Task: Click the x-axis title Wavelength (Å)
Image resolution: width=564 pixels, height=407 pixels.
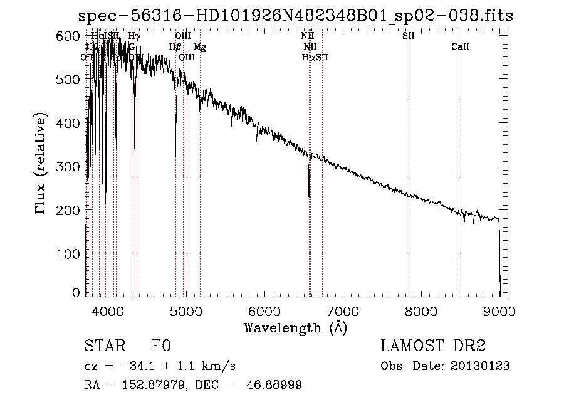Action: (295, 327)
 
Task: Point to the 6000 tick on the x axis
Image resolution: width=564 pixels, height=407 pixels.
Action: (264, 310)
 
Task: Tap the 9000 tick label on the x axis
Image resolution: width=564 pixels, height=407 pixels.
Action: (499, 310)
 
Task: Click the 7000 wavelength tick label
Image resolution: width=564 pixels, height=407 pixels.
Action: (343, 310)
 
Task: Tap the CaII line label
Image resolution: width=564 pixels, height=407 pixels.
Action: (461, 47)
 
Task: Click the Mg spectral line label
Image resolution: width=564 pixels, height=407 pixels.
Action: (199, 47)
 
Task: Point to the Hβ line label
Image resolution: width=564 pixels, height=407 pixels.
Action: (175, 47)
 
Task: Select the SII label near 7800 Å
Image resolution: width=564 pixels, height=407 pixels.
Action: (409, 36)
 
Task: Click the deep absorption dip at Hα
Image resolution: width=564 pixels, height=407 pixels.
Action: (309, 194)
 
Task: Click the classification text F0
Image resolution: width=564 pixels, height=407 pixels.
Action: (161, 346)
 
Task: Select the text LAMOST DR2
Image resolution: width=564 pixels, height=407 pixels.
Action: (432, 346)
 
